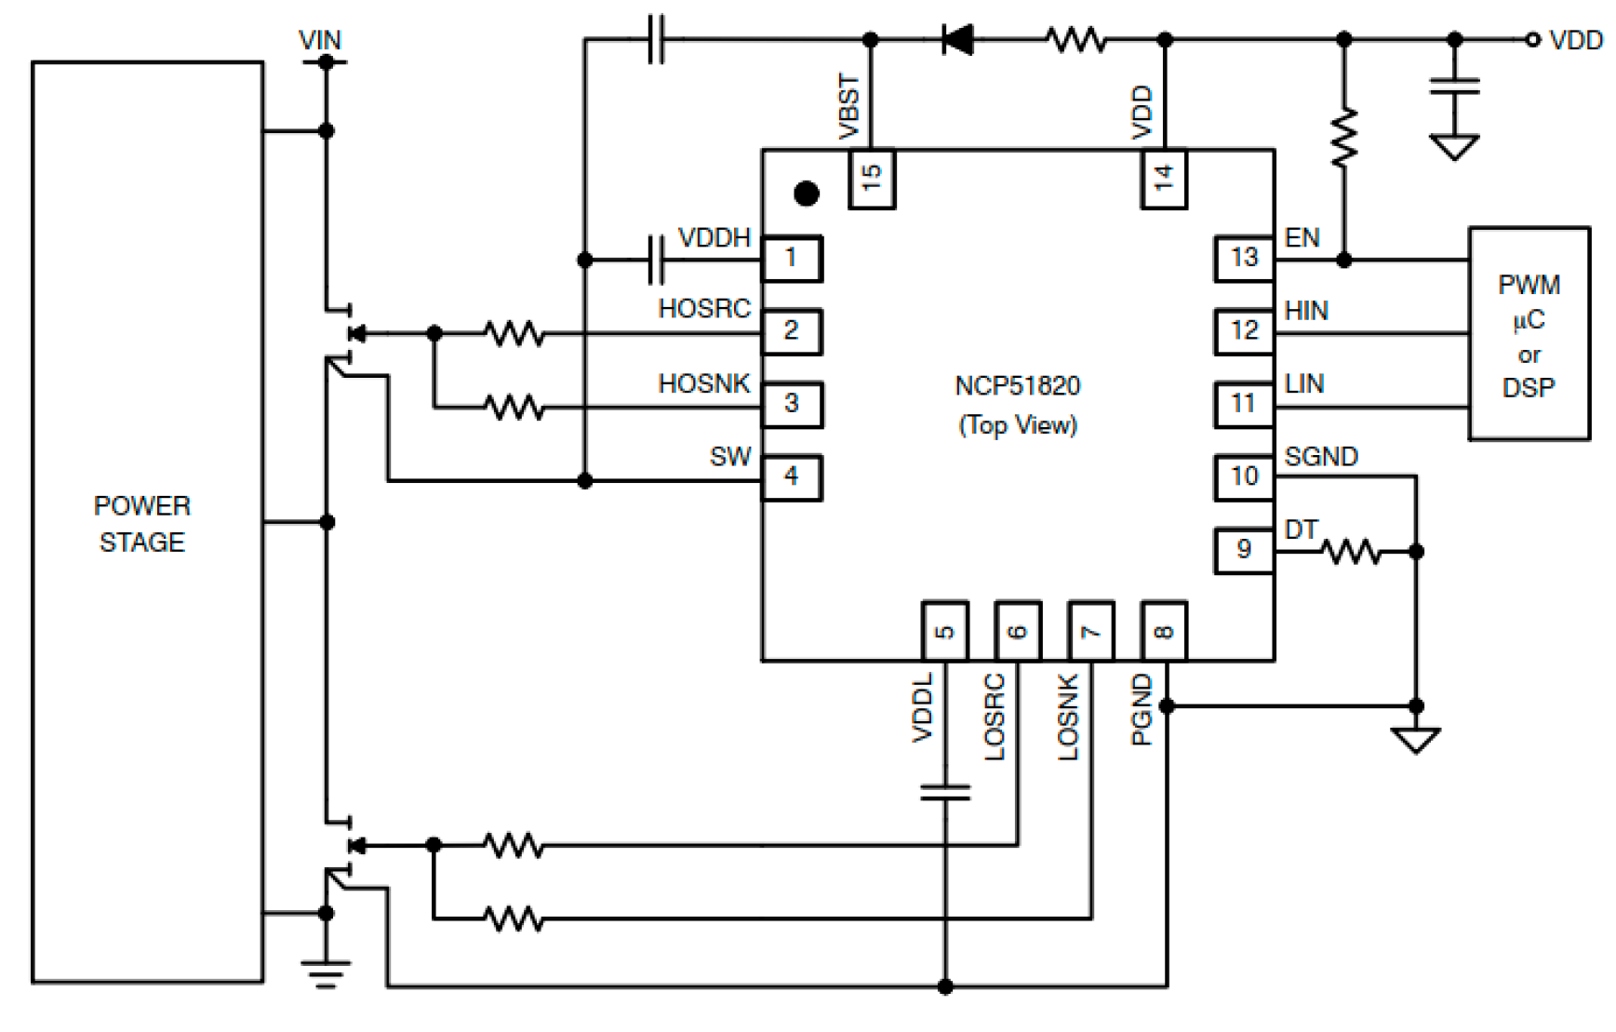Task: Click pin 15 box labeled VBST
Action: click(872, 179)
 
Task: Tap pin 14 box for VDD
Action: click(1164, 179)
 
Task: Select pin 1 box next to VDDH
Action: click(792, 259)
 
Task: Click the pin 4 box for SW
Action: click(792, 477)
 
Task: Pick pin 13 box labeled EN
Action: click(1244, 259)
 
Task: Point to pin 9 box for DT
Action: click(1244, 550)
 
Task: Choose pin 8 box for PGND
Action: click(1164, 631)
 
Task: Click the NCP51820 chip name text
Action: click(1017, 386)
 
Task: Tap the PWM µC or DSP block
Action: click(1529, 333)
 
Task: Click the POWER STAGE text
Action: click(142, 524)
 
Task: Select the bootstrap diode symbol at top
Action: click(957, 40)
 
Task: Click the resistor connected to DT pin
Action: click(1351, 553)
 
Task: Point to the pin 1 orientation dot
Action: click(807, 194)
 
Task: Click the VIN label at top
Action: click(320, 41)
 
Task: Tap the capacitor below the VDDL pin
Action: click(945, 793)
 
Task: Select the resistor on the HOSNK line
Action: click(514, 408)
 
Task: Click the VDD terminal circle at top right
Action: click(1532, 40)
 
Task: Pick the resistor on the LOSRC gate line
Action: click(514, 846)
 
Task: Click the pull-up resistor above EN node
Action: click(1344, 138)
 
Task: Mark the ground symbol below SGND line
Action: click(1416, 741)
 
